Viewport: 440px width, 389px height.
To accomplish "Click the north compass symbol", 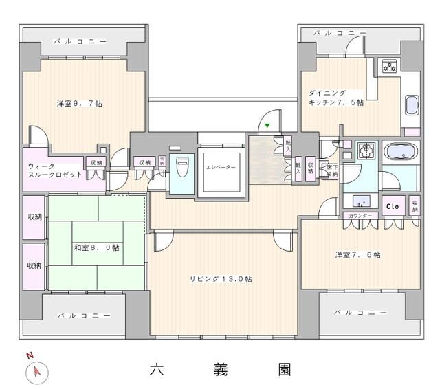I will point(36,372).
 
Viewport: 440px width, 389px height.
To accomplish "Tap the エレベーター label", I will point(221,168).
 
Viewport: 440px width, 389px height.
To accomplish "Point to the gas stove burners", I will point(390,67).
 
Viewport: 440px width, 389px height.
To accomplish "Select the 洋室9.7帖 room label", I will point(80,104).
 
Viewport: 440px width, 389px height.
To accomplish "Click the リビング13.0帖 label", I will point(221,279).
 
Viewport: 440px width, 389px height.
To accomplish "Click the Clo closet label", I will point(393,205).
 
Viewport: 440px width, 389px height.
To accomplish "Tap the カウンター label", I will point(360,216).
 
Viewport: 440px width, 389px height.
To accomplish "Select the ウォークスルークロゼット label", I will point(55,170).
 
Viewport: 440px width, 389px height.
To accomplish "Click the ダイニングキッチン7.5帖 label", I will point(336,98).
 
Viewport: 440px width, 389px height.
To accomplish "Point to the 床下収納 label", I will point(331,170).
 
